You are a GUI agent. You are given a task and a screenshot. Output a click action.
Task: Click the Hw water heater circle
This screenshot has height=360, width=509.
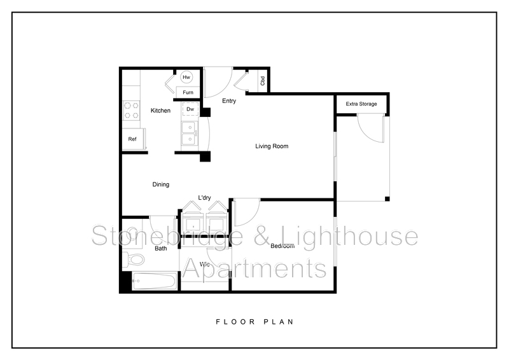(x=186, y=78)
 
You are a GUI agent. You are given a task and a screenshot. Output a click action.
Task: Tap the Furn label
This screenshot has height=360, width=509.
(x=188, y=92)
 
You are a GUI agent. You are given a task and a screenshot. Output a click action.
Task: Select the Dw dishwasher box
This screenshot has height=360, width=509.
(x=190, y=109)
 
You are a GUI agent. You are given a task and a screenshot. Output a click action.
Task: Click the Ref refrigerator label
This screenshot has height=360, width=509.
(x=132, y=139)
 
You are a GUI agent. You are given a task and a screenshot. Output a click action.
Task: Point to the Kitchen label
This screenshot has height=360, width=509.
(x=160, y=111)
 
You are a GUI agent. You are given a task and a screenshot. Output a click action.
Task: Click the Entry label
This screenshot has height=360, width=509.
(x=229, y=101)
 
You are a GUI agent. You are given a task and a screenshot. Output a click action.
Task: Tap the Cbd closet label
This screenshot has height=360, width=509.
(x=262, y=81)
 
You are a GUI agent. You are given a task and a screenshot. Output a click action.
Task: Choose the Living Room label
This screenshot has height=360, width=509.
(x=272, y=146)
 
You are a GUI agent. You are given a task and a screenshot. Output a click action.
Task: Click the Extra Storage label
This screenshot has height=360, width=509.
(x=361, y=104)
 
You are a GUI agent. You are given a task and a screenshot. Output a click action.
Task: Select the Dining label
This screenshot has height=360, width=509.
(x=160, y=184)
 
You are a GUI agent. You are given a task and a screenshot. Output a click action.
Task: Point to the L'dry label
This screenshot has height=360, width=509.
(x=205, y=198)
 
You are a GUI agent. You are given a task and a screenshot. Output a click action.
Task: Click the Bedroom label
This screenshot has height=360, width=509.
(x=282, y=246)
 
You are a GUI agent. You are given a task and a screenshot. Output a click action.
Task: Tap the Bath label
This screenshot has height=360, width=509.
(x=161, y=248)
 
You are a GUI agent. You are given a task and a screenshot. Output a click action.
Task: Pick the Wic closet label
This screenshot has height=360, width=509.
(x=205, y=264)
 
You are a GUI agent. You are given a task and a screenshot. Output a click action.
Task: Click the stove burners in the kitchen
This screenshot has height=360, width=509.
(x=131, y=111)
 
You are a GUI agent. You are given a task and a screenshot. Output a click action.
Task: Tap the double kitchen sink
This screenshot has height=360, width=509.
(x=190, y=133)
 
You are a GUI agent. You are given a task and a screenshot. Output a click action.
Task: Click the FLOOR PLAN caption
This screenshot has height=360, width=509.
(x=254, y=322)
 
